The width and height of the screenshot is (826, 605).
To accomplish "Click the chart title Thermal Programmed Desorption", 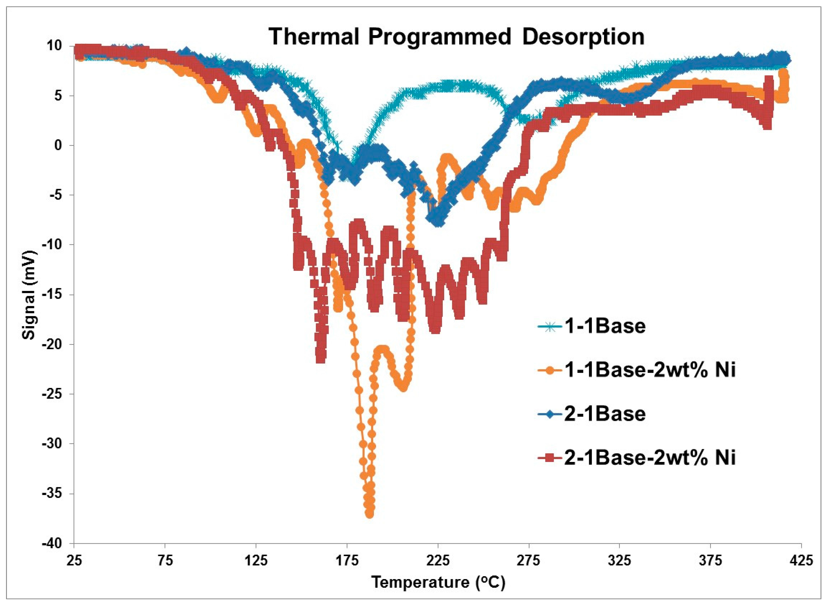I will (456, 37).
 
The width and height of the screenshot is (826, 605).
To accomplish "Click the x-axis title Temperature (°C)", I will (438, 582).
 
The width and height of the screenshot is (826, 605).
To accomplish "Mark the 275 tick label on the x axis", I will (529, 560).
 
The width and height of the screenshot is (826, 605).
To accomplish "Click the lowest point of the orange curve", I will (369, 514).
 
